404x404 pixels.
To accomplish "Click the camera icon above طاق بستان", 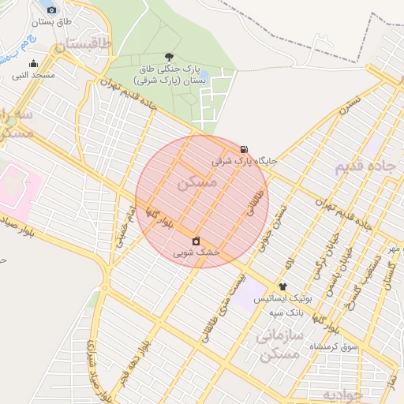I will coord(52,9).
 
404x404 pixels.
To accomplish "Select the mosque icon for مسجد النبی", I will coord(33,64).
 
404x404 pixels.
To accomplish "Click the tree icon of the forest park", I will coord(169,57).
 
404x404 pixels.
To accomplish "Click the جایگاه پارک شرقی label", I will coord(245,160).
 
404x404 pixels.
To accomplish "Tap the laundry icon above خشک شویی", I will coord(196,241).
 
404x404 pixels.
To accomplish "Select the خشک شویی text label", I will coord(196,252).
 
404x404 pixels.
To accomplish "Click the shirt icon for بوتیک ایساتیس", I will coord(282,287).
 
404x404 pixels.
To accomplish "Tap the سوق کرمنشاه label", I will coord(334,346).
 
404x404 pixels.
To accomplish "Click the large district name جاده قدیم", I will coord(365,167).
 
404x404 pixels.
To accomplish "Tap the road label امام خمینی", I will coord(124,224).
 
